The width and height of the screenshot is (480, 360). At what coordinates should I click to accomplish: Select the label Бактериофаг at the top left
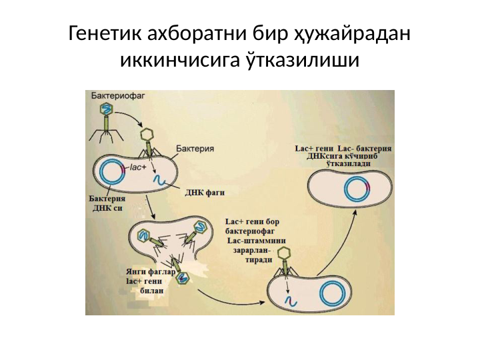click(x=114, y=97)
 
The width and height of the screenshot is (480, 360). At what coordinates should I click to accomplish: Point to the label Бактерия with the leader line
click(x=195, y=148)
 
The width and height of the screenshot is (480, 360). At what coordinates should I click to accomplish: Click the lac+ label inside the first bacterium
click(x=137, y=167)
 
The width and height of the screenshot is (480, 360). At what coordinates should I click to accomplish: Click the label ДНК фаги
click(x=205, y=193)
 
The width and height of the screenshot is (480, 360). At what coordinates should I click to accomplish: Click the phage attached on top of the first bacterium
click(x=148, y=142)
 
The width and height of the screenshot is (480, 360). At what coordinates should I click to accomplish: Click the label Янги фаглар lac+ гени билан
click(x=150, y=281)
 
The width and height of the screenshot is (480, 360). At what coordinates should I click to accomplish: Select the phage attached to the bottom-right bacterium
click(x=285, y=260)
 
